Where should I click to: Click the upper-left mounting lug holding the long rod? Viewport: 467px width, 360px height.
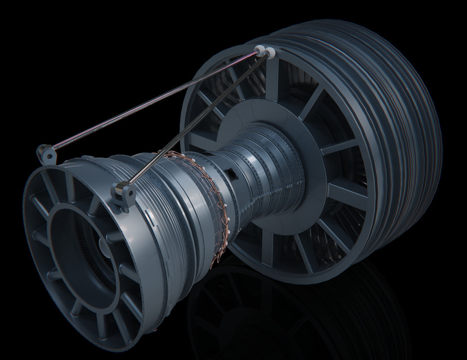click(47, 152)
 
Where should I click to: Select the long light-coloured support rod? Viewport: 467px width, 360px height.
click(152, 101)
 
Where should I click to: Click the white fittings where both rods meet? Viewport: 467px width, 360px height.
click(264, 52)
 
